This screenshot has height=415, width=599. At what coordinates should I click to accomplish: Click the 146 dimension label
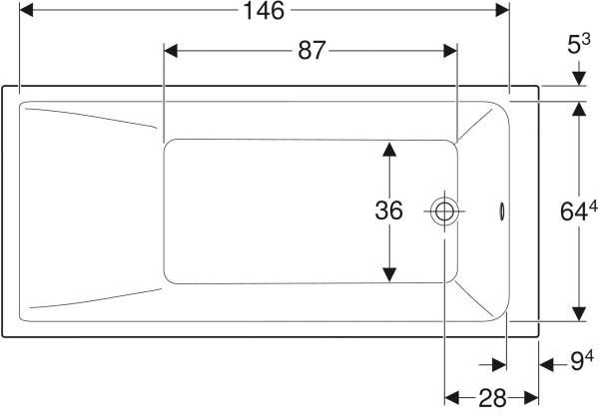tap(264, 11)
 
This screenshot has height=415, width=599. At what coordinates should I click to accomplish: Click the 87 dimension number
tap(311, 51)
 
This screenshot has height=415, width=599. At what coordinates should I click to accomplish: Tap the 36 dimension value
tap(389, 210)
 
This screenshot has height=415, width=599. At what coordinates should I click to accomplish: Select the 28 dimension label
tap(492, 398)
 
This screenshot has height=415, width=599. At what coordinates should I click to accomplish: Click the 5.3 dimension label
tap(579, 44)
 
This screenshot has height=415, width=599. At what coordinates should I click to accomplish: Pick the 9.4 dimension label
tap(582, 360)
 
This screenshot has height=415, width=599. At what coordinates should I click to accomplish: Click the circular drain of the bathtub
tap(444, 210)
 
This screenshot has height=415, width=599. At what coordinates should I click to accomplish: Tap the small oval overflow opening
tap(502, 211)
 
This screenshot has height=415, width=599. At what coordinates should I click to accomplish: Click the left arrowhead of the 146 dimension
tap(26, 10)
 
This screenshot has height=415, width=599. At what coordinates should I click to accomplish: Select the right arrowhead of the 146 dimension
tap(502, 10)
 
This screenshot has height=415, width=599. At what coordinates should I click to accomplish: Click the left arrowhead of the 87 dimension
tap(171, 51)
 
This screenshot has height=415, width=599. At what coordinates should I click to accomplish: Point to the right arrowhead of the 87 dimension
tap(450, 51)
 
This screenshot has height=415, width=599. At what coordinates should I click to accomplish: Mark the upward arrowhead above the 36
tap(389, 150)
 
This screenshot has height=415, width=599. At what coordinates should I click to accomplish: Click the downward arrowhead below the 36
tap(389, 275)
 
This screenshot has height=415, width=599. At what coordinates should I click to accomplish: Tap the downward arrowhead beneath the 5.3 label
tap(579, 79)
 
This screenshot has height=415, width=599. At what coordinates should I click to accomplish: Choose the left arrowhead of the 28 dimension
tap(452, 398)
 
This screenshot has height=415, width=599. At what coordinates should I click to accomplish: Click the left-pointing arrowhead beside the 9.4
tap(547, 364)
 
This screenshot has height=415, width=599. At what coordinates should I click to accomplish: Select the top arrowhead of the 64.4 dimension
tap(579, 109)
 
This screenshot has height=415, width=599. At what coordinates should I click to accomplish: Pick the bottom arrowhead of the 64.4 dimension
tap(579, 314)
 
